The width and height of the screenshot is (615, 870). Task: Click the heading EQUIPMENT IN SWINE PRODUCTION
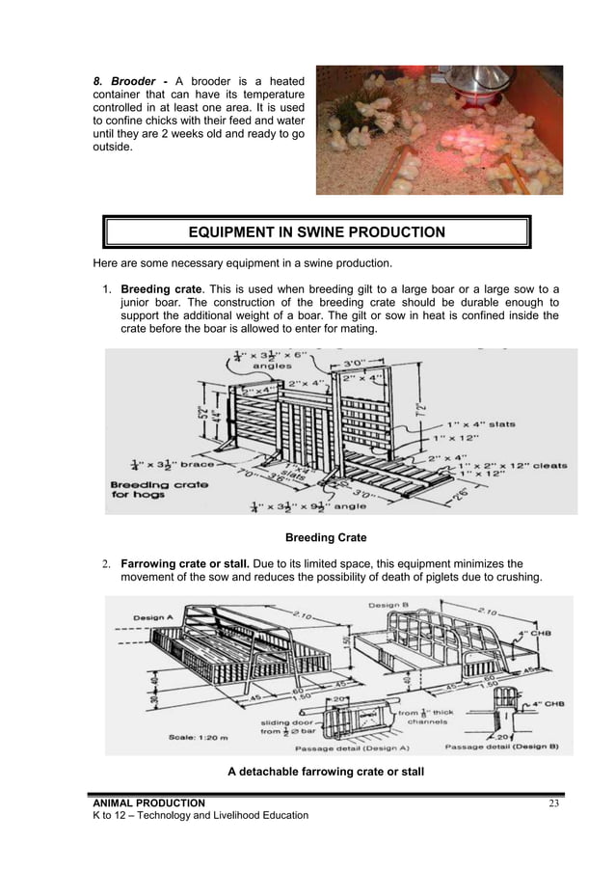pyautogui.click(x=316, y=231)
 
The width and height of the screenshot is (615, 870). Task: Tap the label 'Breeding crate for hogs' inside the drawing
pyautogui.click(x=159, y=490)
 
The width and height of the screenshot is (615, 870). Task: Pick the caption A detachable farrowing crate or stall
pyautogui.click(x=327, y=771)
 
